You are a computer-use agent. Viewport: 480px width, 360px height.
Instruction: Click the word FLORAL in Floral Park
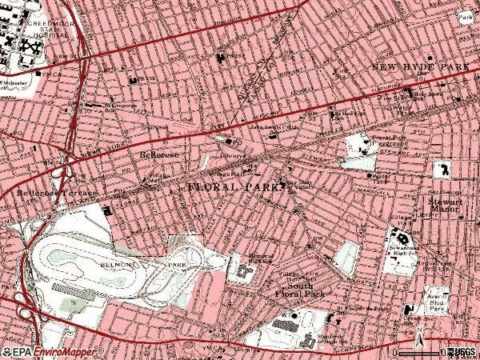coord(213,186)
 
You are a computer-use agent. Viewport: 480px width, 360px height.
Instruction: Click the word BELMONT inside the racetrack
coord(114,262)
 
